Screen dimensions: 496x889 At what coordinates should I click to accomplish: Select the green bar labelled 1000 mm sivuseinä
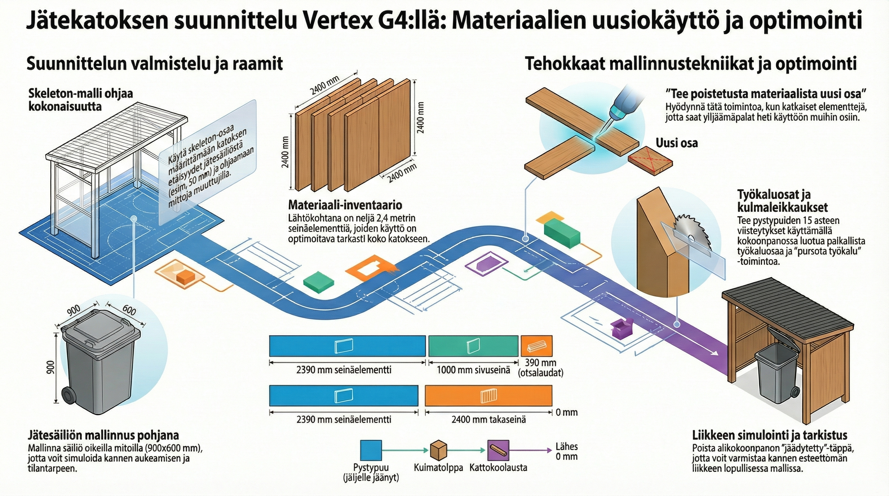point(473,346)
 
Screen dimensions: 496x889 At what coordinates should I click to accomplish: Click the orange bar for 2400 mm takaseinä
point(488,396)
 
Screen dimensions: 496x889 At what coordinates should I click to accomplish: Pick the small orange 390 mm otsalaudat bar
point(536,346)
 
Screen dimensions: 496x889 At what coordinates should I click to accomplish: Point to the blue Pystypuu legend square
point(371,450)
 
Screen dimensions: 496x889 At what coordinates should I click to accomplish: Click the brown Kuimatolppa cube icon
point(439,450)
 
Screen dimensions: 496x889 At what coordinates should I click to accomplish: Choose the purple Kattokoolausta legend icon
point(498,450)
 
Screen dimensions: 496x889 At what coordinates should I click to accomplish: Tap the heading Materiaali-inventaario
point(345,205)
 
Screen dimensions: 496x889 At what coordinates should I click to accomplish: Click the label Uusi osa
point(676,143)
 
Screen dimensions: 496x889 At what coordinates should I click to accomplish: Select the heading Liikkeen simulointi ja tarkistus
point(769,435)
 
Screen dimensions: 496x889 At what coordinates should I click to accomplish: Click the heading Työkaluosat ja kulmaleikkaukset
point(782,201)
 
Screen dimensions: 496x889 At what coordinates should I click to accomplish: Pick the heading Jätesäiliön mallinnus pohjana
point(103,435)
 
